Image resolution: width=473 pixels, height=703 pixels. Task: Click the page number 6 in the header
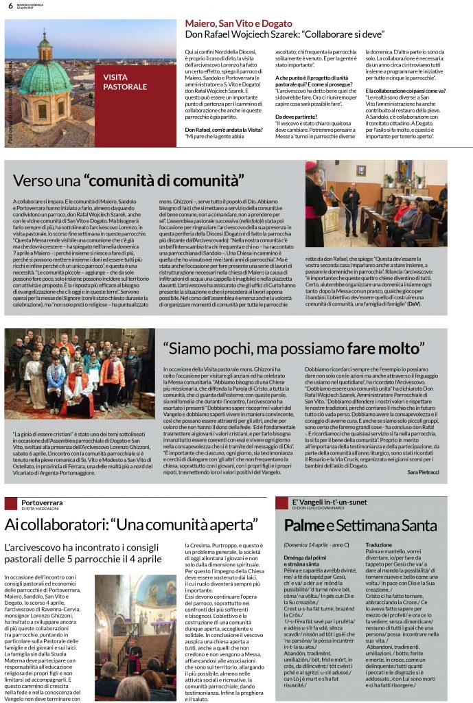10,6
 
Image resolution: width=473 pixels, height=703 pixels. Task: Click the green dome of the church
44,76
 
